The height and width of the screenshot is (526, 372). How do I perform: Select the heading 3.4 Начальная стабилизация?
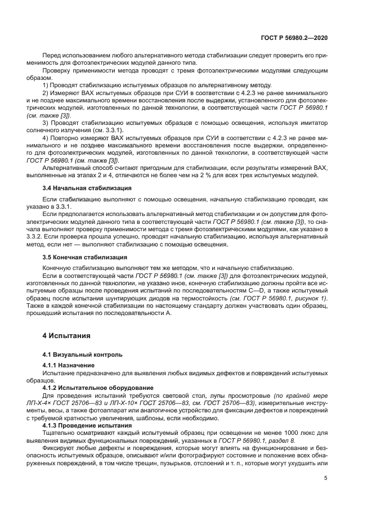pos(87,187)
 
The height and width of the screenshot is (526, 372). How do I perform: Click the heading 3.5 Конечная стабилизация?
pos(85,257)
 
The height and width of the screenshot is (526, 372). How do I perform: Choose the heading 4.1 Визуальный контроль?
pos(83,354)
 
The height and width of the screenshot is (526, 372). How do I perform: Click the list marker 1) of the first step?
pos(46,84)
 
